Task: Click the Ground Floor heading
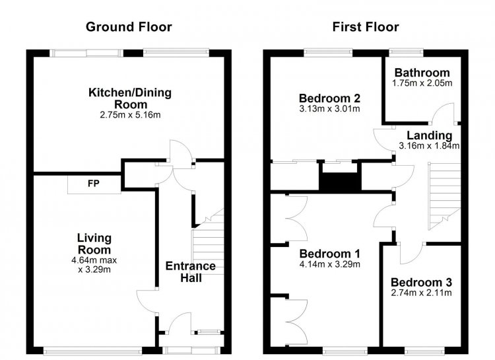pyautogui.click(x=129, y=27)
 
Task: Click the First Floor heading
pyautogui.click(x=366, y=27)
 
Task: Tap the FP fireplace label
pyautogui.click(x=94, y=184)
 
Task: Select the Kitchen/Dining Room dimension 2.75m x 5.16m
pyautogui.click(x=130, y=115)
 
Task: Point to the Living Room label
pyautogui.click(x=94, y=244)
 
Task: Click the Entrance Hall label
pyautogui.click(x=191, y=272)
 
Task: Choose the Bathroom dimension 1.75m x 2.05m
pyautogui.click(x=422, y=83)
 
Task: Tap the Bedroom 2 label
pyautogui.click(x=329, y=98)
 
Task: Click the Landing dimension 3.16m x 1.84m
pyautogui.click(x=429, y=146)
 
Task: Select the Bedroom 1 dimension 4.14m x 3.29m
pyautogui.click(x=329, y=264)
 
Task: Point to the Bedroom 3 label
pyautogui.click(x=421, y=282)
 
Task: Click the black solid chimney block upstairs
pyautogui.click(x=340, y=182)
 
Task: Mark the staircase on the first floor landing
pyautogui.click(x=444, y=196)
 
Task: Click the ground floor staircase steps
pyautogui.click(x=208, y=242)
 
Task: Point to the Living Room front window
pyautogui.click(x=92, y=350)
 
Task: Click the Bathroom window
pyautogui.click(x=406, y=52)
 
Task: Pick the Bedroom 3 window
pyautogui.click(x=424, y=350)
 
